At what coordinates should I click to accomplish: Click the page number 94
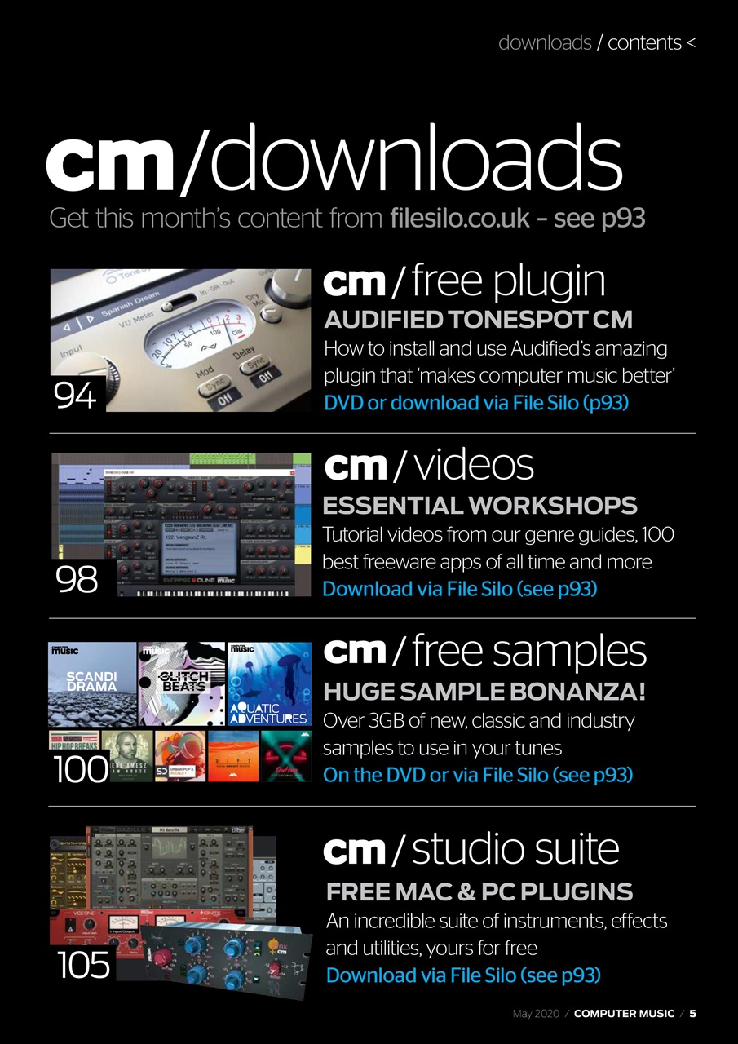pos(75,396)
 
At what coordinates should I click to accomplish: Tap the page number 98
pos(77,580)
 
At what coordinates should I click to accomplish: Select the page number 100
pos(80,768)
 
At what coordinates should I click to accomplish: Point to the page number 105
pos(83,966)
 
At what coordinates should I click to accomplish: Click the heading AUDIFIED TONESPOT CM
pos(478,319)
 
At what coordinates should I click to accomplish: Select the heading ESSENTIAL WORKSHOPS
pos(479,505)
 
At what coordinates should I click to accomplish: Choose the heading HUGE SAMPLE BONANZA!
pos(484,692)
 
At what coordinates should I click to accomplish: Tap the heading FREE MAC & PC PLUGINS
pos(479,891)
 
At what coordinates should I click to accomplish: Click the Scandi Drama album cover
pos(92,683)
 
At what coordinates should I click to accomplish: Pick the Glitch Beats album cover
pos(183,683)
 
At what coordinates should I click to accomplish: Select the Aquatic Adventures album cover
pos(269,683)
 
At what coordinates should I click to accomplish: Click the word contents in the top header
pos(644,42)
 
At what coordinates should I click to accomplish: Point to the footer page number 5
pos(692,1014)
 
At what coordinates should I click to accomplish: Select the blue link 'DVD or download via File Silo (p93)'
pos(476,402)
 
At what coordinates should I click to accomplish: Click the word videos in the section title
pos(474,466)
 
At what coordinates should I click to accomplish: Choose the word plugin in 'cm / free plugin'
pos(550,281)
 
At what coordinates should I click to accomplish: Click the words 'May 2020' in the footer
pos(534,1014)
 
